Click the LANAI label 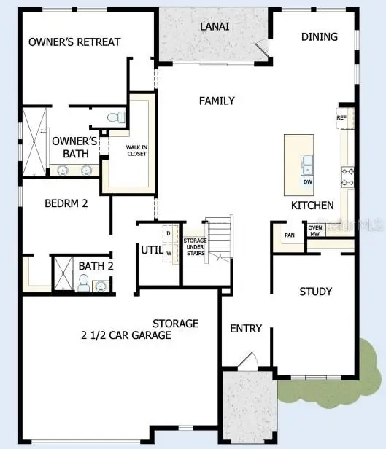[x=215, y=26]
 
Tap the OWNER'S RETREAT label [x=74, y=42]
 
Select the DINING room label [x=319, y=36]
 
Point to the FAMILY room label [x=217, y=101]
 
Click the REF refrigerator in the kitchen [x=341, y=117]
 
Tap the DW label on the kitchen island [x=307, y=181]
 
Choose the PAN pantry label [x=290, y=235]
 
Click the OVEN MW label [x=315, y=231]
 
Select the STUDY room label [x=316, y=292]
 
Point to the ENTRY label [x=246, y=329]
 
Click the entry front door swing [x=247, y=362]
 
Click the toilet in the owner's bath [x=115, y=117]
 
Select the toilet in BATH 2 [x=83, y=284]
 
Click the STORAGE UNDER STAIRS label [x=195, y=246]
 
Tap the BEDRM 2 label [x=66, y=204]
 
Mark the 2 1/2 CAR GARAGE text [x=126, y=335]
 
